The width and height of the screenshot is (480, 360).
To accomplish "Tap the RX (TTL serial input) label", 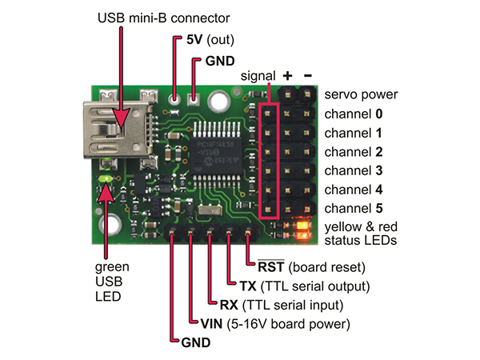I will point(281,304).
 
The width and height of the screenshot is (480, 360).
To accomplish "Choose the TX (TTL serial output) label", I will point(303,285).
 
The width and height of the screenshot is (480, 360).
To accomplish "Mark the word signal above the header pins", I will point(258,75).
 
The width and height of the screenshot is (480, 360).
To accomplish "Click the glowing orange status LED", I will point(302,233).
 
